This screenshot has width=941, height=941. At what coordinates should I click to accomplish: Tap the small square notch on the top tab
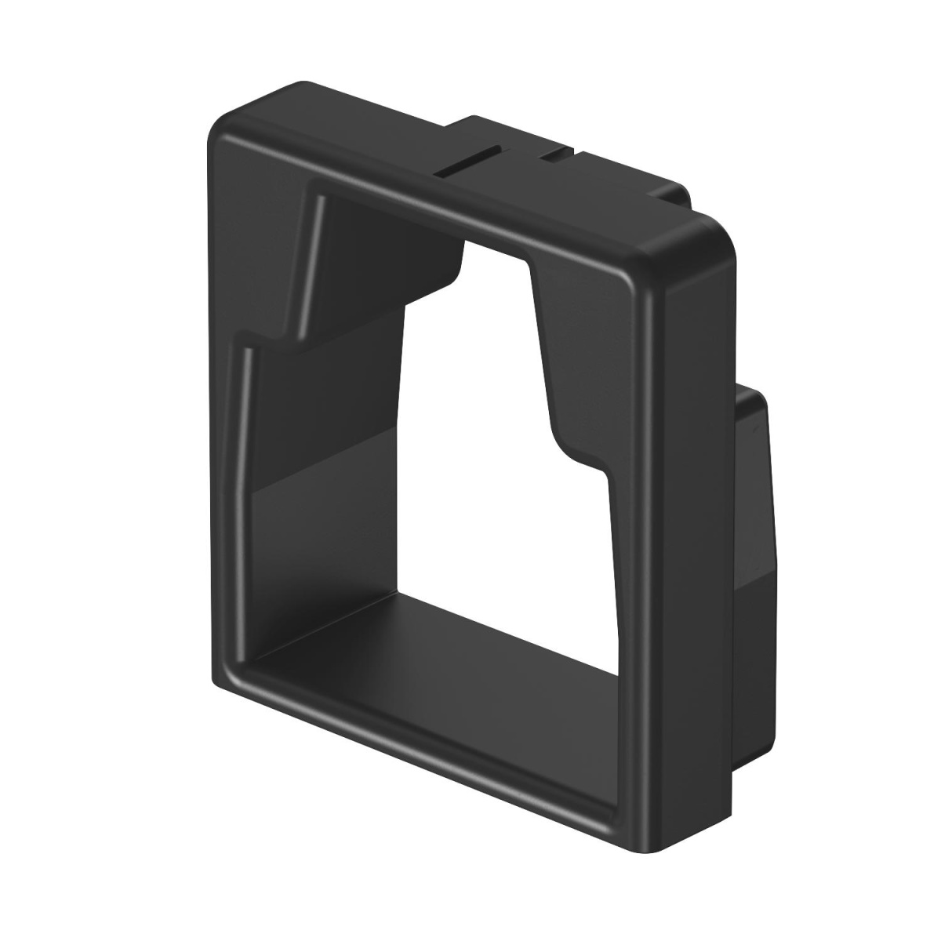click(554, 153)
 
